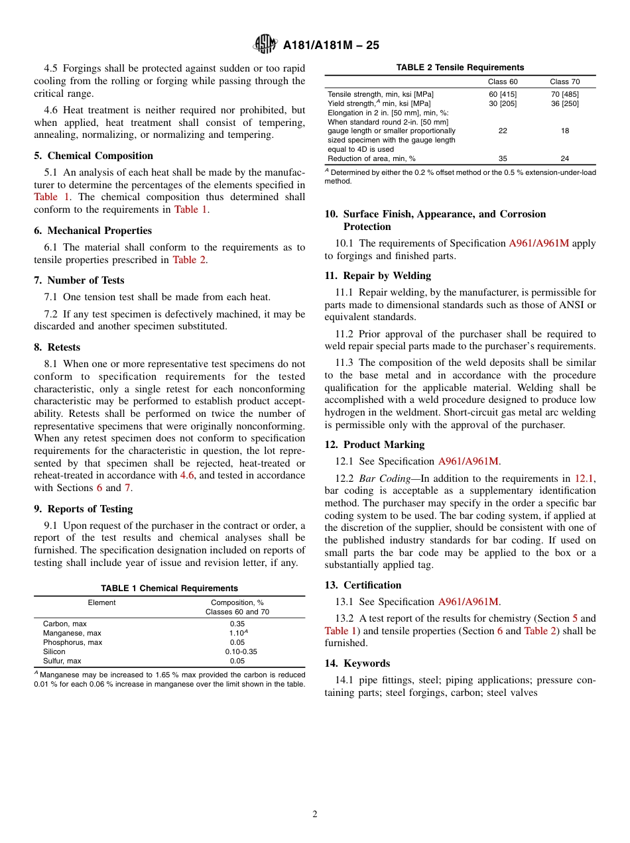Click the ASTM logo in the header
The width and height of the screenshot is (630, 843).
[265, 44]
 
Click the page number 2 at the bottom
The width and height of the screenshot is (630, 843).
[315, 815]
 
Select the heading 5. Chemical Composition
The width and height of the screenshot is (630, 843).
[94, 156]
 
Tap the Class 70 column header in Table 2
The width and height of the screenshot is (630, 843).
[564, 82]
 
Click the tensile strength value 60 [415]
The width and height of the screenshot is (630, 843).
[502, 94]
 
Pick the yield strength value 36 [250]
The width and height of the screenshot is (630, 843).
[564, 103]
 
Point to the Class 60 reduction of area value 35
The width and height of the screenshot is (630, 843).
[502, 158]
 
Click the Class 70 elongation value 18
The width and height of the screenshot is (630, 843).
[564, 131]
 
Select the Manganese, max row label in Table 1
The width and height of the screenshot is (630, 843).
[72, 633]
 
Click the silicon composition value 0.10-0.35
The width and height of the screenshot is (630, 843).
[241, 651]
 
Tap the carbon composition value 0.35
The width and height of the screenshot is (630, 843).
[237, 624]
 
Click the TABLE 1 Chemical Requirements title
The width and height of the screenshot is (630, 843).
[169, 589]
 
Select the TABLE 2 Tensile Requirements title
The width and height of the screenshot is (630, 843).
[460, 68]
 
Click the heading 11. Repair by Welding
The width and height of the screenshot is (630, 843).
[377, 276]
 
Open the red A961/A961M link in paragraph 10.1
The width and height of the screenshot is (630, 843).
[538, 243]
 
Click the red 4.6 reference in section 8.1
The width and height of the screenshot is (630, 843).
[188, 475]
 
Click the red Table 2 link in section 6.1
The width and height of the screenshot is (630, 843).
[189, 260]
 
